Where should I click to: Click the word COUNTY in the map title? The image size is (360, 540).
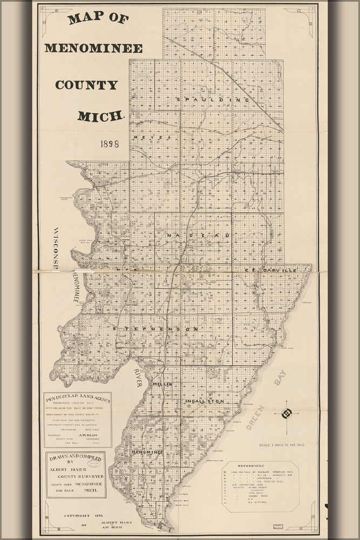86,85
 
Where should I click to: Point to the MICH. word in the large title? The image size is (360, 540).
101,116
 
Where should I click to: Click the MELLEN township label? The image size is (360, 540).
162,384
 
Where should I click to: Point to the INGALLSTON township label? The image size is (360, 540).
204,402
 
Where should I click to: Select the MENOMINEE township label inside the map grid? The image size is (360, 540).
147,452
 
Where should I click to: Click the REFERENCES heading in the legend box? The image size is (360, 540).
261,465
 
